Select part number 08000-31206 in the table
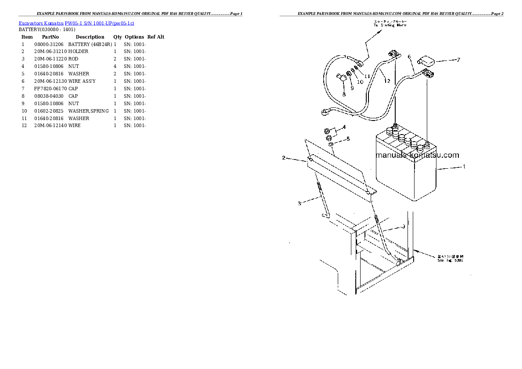(x=48, y=44)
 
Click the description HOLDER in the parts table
(x=78, y=52)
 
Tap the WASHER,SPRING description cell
(x=88, y=111)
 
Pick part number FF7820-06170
(x=48, y=89)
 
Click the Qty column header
(x=118, y=37)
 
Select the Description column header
(x=90, y=37)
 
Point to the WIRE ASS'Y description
(x=82, y=82)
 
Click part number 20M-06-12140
(x=50, y=126)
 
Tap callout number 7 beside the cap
(x=458, y=60)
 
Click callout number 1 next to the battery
(x=464, y=167)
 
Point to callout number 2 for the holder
(x=283, y=158)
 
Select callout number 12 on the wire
(x=386, y=81)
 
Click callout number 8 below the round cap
(x=344, y=94)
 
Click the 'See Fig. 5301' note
(x=450, y=259)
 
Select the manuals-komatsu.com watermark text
(x=417, y=155)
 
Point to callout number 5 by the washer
(x=348, y=139)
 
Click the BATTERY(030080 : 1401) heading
(x=44, y=29)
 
